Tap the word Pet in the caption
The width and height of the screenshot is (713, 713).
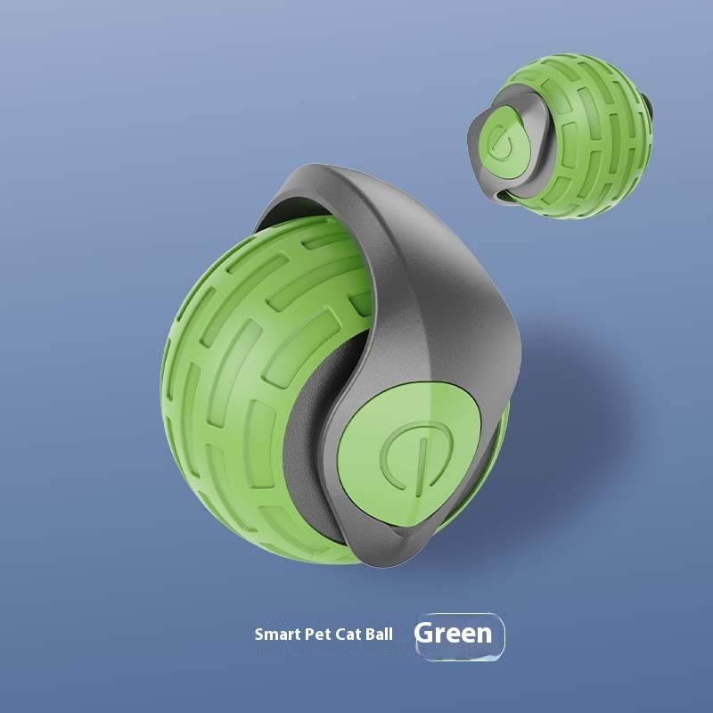tap(316, 635)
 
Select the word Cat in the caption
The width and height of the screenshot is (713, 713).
tap(348, 635)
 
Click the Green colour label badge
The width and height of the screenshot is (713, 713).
tap(458, 635)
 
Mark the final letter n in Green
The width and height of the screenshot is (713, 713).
tap(482, 635)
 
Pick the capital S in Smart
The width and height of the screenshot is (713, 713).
tap(258, 635)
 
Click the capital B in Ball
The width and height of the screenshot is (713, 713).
tap(369, 635)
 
